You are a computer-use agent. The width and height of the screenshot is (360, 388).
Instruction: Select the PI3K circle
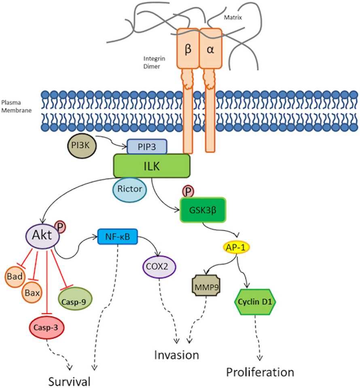click(79, 145)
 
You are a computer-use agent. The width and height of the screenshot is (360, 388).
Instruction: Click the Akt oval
click(43, 235)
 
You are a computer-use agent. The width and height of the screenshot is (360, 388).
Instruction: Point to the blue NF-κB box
click(118, 236)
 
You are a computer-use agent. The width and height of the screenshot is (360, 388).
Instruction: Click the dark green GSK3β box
click(203, 210)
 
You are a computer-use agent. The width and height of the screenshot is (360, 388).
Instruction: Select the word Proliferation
click(259, 372)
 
